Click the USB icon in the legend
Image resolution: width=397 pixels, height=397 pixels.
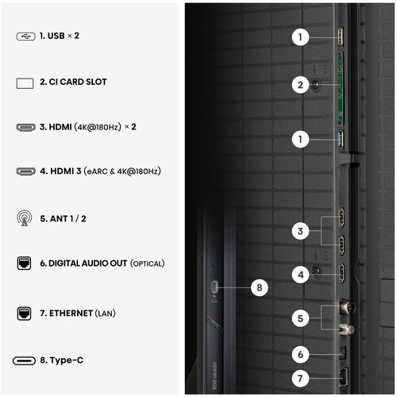pyautogui.click(x=25, y=37)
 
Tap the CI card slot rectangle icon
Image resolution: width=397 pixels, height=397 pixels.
pyautogui.click(x=25, y=83)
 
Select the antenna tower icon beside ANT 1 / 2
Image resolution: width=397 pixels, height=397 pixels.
pyautogui.click(x=25, y=218)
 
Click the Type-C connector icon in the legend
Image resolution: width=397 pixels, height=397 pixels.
pyautogui.click(x=24, y=360)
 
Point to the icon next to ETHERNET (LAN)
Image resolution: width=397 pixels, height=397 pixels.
pyautogui.click(x=24, y=314)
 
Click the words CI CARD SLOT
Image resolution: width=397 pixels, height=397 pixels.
pyautogui.click(x=78, y=82)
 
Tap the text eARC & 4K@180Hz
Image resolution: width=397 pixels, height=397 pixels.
pyautogui.click(x=122, y=172)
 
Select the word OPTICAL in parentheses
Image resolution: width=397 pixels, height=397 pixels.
pyautogui.click(x=148, y=264)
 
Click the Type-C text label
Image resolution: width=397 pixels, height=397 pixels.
pyautogui.click(x=67, y=360)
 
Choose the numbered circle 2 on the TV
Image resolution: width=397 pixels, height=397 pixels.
pyautogui.click(x=300, y=85)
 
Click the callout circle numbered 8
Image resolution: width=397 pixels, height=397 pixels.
pyautogui.click(x=260, y=287)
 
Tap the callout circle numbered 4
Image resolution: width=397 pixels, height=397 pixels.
pyautogui.click(x=301, y=275)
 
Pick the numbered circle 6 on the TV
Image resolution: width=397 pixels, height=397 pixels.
pyautogui.click(x=300, y=354)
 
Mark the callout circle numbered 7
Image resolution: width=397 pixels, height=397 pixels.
pyautogui.click(x=300, y=378)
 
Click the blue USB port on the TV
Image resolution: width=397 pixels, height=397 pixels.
pyautogui.click(x=341, y=140)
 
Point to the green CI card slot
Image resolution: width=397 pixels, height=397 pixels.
pyautogui.click(x=341, y=88)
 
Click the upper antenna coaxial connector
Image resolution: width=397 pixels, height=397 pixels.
pyautogui.click(x=347, y=306)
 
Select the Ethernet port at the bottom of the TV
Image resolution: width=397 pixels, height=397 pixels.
pyautogui.click(x=344, y=376)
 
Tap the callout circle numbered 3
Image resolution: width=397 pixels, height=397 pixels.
pyautogui.click(x=300, y=231)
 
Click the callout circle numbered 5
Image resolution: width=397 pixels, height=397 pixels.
pyautogui.click(x=300, y=318)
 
